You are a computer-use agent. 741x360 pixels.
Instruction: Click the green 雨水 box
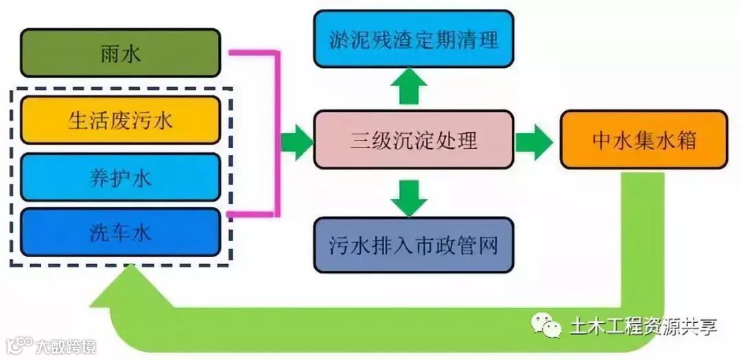[120, 53]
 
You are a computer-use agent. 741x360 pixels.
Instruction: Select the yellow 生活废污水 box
[120, 120]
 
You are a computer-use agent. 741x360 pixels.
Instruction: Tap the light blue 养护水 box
[120, 177]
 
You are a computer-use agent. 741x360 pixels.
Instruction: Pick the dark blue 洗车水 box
[120, 232]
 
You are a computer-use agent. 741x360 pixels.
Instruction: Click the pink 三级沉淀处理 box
[413, 141]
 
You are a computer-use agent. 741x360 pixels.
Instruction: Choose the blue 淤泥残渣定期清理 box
[413, 38]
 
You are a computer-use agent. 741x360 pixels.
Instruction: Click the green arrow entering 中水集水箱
[534, 142]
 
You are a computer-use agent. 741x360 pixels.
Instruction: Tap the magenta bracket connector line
[278, 130]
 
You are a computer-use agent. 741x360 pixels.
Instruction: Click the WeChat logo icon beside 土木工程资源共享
[548, 326]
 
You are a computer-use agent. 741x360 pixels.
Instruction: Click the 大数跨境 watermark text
[66, 346]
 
